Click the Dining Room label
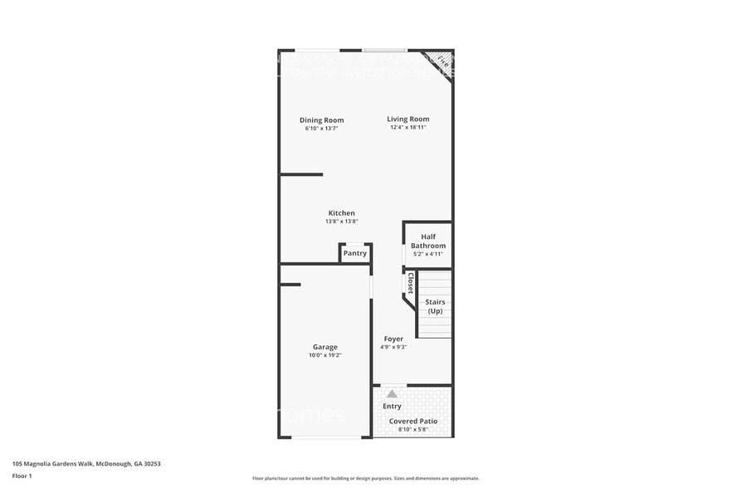[x=321, y=120]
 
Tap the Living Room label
[x=407, y=120]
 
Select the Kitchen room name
[x=341, y=213]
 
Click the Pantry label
[x=354, y=253]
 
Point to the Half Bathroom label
[x=428, y=242]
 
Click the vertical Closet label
[x=410, y=283]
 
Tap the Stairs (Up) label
[x=435, y=306]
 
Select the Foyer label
[x=393, y=339]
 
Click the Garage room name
[x=325, y=347]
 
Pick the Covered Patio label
[x=413, y=421]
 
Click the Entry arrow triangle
[x=392, y=393]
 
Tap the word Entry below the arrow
[x=392, y=406]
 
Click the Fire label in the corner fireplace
[x=442, y=61]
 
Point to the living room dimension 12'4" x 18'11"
[x=407, y=129]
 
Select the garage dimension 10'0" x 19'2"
[x=325, y=355]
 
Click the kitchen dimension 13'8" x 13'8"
[x=341, y=222]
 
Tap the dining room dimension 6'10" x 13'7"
[x=321, y=129]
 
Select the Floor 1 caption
[x=22, y=476]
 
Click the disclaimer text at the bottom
[x=365, y=478]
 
